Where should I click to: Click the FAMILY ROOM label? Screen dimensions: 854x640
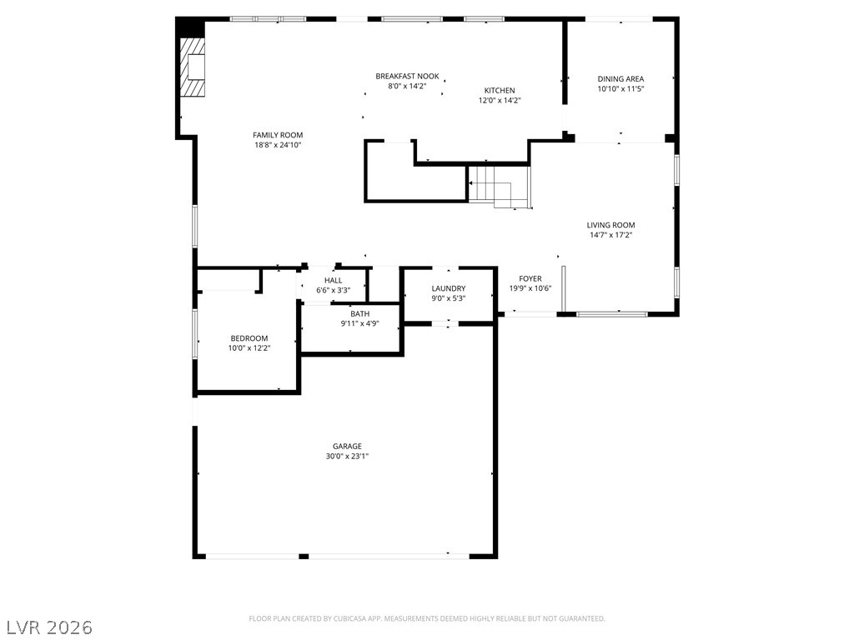[278, 135]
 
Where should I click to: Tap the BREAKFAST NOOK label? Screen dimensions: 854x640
[407, 76]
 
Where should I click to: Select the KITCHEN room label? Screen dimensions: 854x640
[500, 90]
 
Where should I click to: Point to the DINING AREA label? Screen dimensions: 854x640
[620, 79]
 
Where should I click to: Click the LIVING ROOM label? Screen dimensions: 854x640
[610, 225]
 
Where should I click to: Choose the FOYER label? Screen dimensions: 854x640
[530, 278]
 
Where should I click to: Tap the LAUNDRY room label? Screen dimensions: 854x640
[448, 288]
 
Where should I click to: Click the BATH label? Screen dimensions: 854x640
[360, 313]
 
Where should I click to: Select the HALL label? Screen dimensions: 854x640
[334, 280]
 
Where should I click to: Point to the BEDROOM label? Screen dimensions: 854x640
[249, 338]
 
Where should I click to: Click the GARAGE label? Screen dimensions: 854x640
[347, 447]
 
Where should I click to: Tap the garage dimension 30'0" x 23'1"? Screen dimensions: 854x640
[347, 456]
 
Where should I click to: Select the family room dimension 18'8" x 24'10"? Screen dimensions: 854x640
[278, 145]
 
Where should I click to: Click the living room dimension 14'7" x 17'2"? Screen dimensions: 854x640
[610, 235]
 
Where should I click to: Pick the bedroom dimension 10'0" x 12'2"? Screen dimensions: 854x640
[249, 347]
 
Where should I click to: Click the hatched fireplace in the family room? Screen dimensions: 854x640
[193, 67]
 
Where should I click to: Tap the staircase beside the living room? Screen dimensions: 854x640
[500, 187]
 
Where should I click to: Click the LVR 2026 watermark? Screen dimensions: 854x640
[47, 627]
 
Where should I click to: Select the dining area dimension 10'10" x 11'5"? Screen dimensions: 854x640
[620, 88]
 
